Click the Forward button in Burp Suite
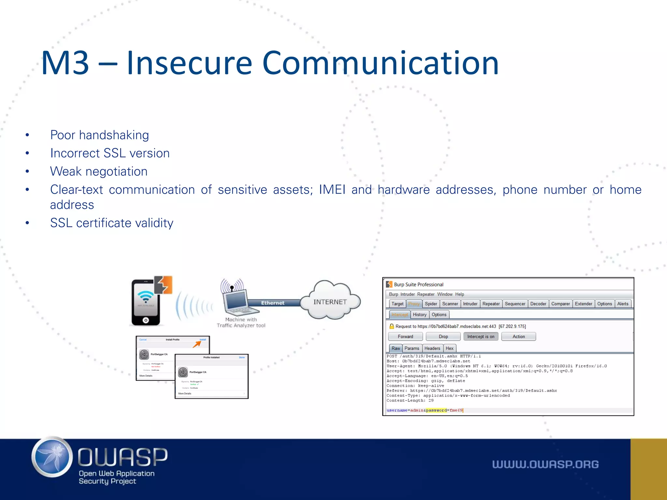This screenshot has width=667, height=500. pos(405,337)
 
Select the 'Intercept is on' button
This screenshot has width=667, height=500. pos(481,337)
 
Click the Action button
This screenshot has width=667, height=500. pos(518,337)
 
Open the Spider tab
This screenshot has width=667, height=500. pos(431,304)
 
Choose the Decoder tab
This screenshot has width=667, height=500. pos(538,304)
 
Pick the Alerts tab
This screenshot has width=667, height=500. pos(623,304)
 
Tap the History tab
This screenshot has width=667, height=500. pos(419,314)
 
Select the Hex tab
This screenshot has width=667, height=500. pos(449,348)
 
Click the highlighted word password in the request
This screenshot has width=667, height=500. pos(436,410)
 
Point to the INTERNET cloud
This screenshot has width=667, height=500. pos(330,302)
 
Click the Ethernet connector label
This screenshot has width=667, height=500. pos(273,303)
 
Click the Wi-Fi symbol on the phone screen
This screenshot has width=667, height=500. pos(145,297)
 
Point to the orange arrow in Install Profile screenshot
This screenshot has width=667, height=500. pos(197,344)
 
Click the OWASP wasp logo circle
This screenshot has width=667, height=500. pos(52,457)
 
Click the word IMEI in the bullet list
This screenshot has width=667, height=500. pos(332,189)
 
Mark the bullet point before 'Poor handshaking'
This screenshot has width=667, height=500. pos(27,135)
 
